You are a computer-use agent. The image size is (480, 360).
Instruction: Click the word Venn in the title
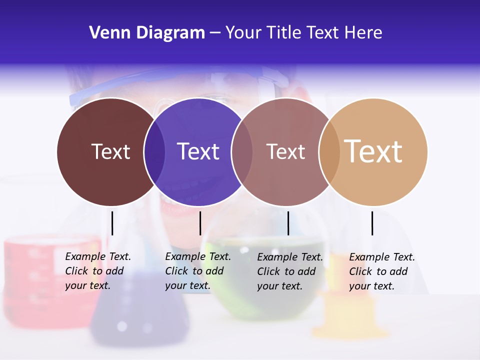[106, 33]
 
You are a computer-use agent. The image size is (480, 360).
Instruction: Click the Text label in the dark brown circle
[110, 151]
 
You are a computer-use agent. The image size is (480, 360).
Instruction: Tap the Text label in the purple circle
[198, 151]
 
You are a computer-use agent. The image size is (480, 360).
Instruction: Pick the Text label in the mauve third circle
[285, 151]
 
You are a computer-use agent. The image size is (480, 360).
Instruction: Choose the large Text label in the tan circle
[373, 151]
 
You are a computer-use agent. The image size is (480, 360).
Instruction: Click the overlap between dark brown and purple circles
[154, 151]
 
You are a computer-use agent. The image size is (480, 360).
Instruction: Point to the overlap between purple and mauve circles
[242, 151]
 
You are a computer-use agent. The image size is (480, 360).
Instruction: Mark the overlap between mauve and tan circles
[329, 151]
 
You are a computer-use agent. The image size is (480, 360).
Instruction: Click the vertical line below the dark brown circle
[112, 223]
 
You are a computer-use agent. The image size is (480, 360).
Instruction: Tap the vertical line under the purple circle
[200, 223]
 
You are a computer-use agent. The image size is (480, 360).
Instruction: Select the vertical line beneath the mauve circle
[288, 223]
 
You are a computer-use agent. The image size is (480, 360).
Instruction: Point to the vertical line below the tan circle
[372, 223]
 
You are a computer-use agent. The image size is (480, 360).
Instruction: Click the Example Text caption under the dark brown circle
[98, 271]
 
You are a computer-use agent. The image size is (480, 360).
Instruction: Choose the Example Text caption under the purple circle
[198, 271]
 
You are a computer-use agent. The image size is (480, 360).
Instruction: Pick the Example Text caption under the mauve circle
[290, 271]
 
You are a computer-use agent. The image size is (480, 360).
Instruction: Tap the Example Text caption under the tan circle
[382, 271]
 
